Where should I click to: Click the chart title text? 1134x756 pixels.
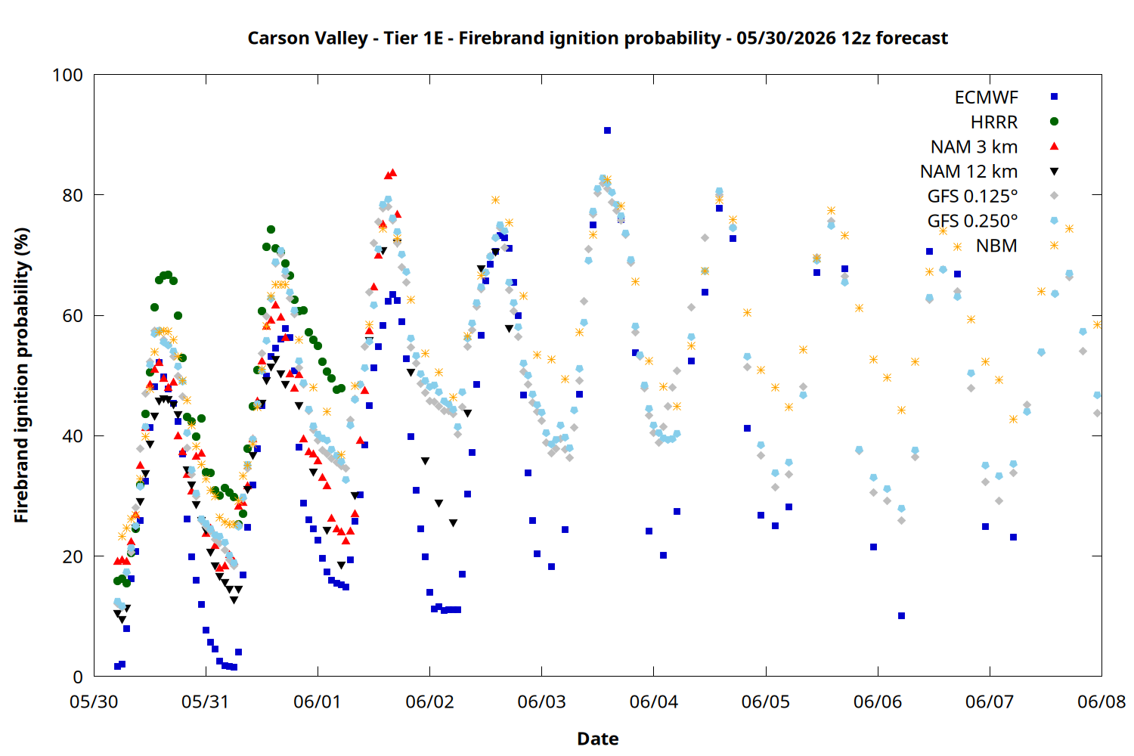tap(597, 38)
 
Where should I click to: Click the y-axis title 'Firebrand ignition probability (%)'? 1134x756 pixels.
tap(21, 375)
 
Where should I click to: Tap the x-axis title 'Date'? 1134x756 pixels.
tap(598, 739)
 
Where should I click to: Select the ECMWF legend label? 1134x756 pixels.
tap(986, 98)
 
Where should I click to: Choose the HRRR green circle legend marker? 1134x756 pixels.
tap(1054, 122)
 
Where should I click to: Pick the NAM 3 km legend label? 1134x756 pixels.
tap(974, 147)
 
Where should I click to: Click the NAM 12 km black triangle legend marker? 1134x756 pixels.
tap(1054, 172)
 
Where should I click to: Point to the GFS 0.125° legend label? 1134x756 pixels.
tap(972, 196)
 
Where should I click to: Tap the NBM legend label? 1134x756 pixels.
tap(996, 246)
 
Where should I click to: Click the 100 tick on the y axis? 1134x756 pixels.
tap(68, 75)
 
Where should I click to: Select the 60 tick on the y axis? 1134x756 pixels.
tap(73, 315)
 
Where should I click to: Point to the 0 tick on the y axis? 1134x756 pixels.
tap(78, 677)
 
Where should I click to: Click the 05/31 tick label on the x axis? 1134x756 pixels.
tap(206, 702)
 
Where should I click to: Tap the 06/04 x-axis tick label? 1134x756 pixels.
tap(654, 702)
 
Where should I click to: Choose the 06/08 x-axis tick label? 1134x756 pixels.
tap(1101, 702)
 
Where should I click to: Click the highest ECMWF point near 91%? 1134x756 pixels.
tap(608, 131)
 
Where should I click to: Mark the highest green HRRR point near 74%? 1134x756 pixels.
tap(271, 229)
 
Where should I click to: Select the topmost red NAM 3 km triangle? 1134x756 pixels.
tap(393, 172)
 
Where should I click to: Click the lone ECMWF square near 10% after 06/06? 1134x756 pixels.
tap(902, 615)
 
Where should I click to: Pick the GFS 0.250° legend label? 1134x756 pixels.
tap(972, 221)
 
